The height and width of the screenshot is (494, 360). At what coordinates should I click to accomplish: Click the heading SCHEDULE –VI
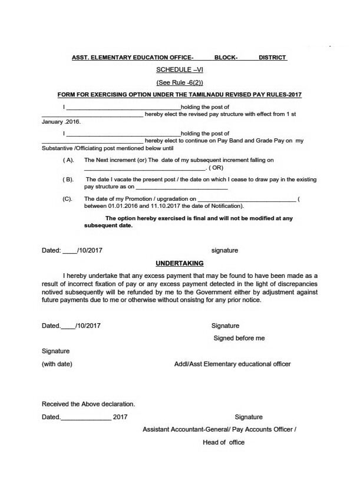pos(180,70)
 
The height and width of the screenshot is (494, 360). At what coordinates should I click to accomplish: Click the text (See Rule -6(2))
pos(179,82)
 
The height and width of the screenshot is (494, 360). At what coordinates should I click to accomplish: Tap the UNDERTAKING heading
pos(180,263)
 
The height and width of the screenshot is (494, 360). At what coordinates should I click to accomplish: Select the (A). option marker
pos(68,160)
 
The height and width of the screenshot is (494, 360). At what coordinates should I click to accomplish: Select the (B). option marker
pos(68,178)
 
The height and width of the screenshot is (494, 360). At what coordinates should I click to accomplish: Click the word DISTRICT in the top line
pos(272,58)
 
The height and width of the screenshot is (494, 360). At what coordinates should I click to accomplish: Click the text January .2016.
pos(61,122)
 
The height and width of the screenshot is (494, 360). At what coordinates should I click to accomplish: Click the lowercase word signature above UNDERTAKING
pos(224,250)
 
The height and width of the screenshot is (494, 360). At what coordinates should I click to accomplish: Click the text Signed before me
pos(239,338)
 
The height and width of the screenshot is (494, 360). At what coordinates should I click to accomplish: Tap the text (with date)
pos(57,364)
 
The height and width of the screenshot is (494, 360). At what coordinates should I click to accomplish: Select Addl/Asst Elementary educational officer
pos(233,364)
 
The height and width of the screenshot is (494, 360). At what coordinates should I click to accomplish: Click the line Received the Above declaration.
pos(88,404)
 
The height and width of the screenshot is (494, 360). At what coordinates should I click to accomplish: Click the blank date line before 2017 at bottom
pos(85,417)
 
